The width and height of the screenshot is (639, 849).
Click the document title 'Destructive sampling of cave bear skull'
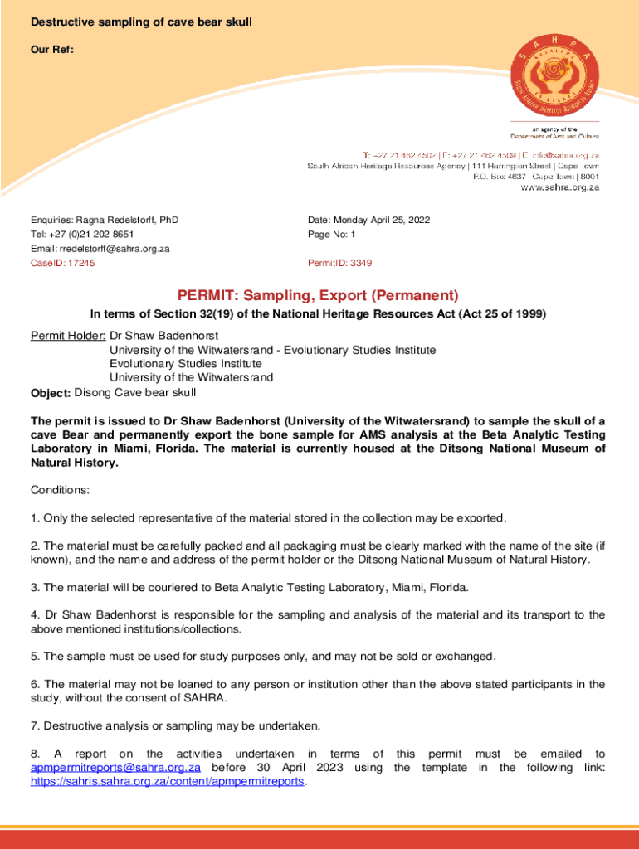click(x=141, y=22)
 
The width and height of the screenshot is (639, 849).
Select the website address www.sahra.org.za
click(x=559, y=188)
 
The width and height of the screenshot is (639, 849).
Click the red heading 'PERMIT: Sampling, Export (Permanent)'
click(x=318, y=296)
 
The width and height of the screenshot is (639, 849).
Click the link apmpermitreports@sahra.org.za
click(x=115, y=768)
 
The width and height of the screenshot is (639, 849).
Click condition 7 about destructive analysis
click(x=175, y=726)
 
